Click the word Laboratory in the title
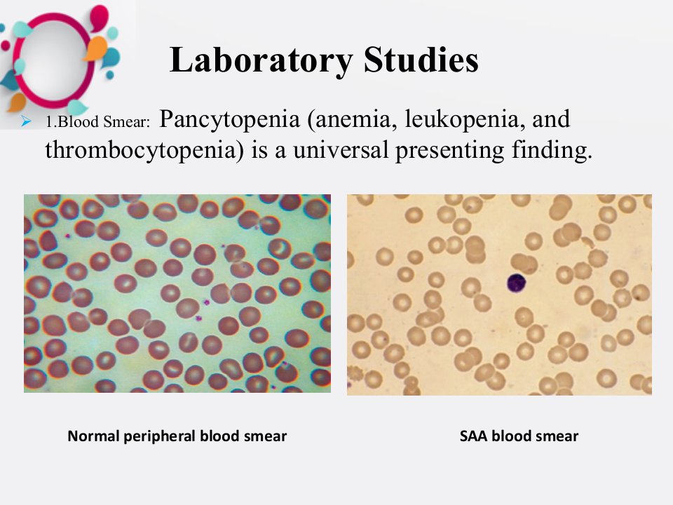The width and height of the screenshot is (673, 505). pos(261,60)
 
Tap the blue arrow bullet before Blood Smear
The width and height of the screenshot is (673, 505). pos(26,121)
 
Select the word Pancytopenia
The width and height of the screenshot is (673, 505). pos(229,119)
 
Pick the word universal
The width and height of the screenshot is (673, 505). pos(341,150)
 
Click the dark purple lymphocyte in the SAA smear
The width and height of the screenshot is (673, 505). pos(517,283)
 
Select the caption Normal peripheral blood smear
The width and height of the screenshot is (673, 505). pos(177,436)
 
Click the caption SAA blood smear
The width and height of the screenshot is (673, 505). pos(519,436)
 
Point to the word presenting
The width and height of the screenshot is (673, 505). pos(449,150)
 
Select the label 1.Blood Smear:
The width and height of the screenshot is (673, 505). pos(98,122)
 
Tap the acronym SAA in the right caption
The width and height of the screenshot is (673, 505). pos(473,436)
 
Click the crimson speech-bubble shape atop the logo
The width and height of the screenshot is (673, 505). pos(100,16)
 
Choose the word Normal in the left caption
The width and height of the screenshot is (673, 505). pos(93,436)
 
